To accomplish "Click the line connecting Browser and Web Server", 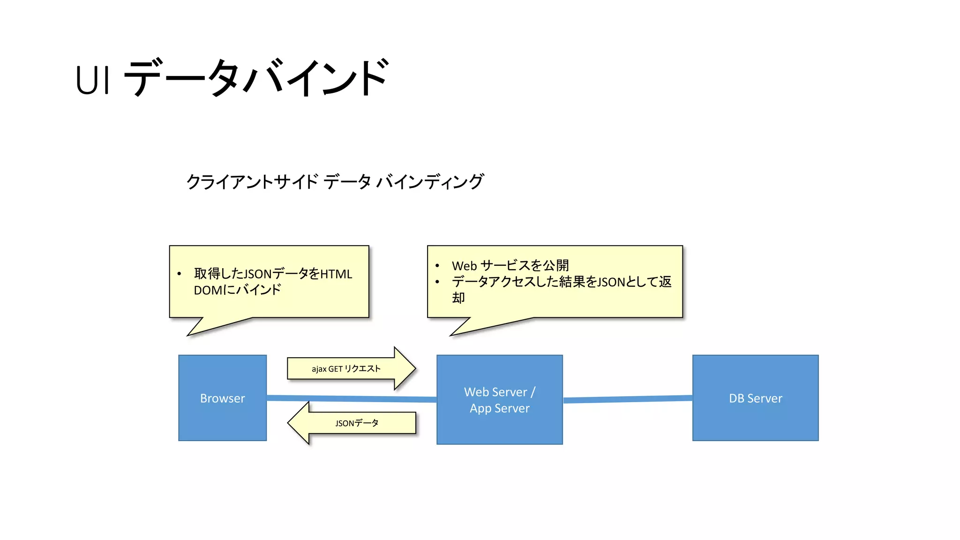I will (352, 398).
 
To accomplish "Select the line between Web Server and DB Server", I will (627, 399).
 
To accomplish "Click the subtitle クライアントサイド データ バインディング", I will (335, 181).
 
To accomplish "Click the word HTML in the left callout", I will (336, 274).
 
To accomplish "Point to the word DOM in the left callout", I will (208, 290).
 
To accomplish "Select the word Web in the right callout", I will (464, 266).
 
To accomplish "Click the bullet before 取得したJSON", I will (179, 274).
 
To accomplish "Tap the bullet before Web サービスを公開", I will (437, 266).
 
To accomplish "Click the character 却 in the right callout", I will (458, 298).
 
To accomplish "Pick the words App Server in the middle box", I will (499, 408).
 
